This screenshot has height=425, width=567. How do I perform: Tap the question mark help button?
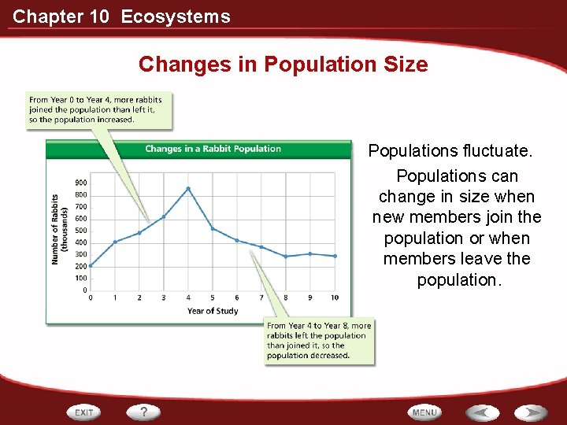[144, 412]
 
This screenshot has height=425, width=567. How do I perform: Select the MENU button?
[424, 412]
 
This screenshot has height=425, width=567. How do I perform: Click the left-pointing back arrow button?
[482, 412]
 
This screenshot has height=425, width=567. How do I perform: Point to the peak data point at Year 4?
[188, 189]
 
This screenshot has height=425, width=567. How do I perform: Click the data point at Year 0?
[91, 265]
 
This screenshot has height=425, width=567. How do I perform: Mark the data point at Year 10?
[335, 256]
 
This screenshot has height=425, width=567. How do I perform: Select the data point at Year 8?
[286, 257]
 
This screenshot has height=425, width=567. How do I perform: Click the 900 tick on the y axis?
[81, 183]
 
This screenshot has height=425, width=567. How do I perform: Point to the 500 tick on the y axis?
[81, 231]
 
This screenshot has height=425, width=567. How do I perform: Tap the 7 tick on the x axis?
[261, 297]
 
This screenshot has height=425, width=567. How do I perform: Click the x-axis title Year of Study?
[213, 311]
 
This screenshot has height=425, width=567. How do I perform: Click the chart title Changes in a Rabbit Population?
[213, 149]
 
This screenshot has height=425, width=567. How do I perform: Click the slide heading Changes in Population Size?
[283, 65]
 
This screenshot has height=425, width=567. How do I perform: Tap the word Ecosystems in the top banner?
[176, 17]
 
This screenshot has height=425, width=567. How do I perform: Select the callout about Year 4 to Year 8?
[319, 341]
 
